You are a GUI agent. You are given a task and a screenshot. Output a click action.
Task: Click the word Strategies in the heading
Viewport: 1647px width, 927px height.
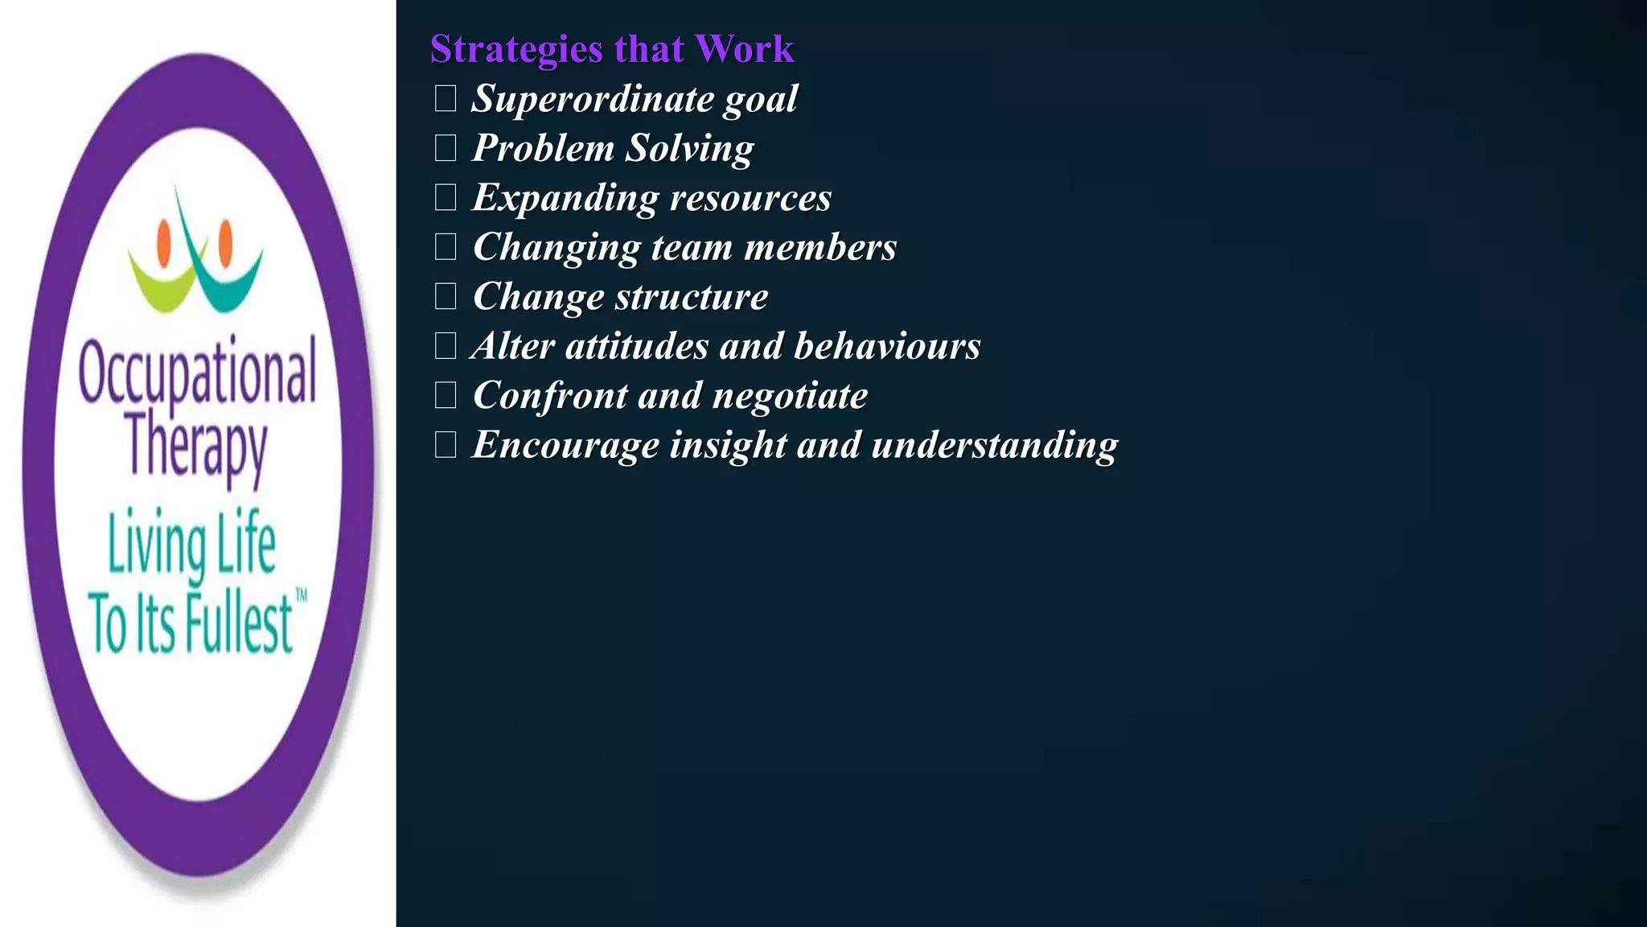(516, 50)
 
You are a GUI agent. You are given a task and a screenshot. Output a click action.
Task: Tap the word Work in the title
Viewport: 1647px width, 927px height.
(745, 49)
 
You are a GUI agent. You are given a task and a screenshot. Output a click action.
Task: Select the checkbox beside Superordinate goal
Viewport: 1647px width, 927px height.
(446, 98)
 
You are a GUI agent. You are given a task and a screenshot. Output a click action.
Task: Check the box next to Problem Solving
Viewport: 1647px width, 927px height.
(446, 148)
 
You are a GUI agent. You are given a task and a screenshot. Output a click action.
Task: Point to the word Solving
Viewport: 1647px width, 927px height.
(690, 149)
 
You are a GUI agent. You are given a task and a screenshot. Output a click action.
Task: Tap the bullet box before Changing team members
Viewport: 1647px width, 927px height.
(446, 247)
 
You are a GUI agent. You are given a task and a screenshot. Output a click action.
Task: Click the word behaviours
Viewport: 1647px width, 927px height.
(887, 346)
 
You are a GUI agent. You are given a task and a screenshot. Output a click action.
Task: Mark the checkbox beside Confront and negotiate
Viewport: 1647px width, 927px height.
(446, 395)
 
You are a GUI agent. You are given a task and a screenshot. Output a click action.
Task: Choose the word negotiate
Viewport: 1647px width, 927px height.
(791, 396)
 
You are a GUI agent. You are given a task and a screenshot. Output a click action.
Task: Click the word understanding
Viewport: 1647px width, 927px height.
(995, 445)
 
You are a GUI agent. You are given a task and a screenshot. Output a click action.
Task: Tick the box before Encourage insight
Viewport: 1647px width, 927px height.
(446, 444)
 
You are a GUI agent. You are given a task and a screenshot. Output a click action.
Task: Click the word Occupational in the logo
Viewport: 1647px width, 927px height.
(198, 372)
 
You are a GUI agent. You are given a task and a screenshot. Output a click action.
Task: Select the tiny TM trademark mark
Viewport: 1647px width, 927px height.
(302, 596)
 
